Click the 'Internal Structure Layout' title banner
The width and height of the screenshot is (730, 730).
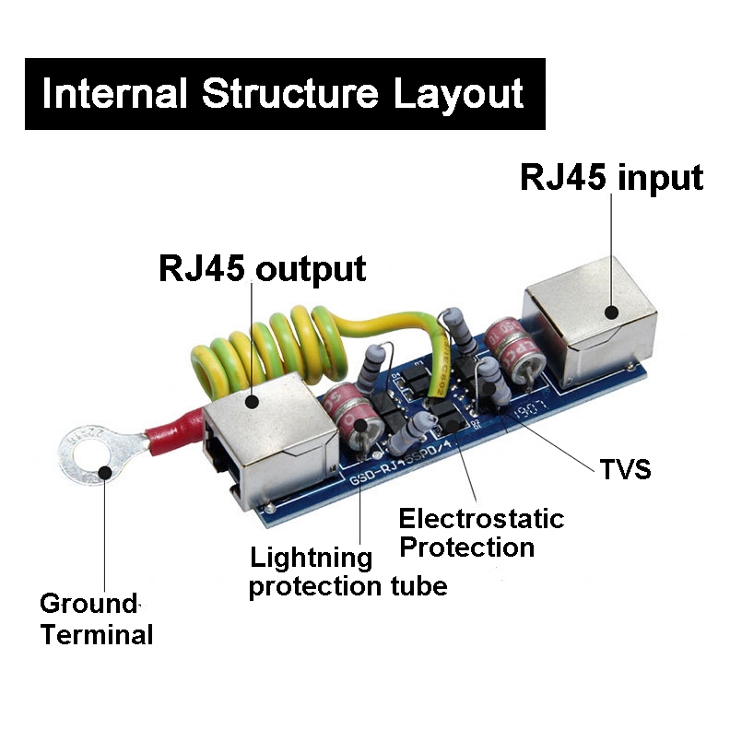coord(284,94)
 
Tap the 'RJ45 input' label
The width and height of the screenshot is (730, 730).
coord(611,177)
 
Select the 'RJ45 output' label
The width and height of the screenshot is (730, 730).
coord(263,269)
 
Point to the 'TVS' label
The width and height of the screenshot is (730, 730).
coord(625,469)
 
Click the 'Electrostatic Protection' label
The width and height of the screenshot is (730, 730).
coord(480,532)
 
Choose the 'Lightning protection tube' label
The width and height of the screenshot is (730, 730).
coord(347,571)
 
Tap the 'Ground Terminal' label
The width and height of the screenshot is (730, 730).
coord(95,619)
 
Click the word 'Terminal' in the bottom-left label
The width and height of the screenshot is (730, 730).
coord(97,634)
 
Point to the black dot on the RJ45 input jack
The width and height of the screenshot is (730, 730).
coord(611,311)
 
